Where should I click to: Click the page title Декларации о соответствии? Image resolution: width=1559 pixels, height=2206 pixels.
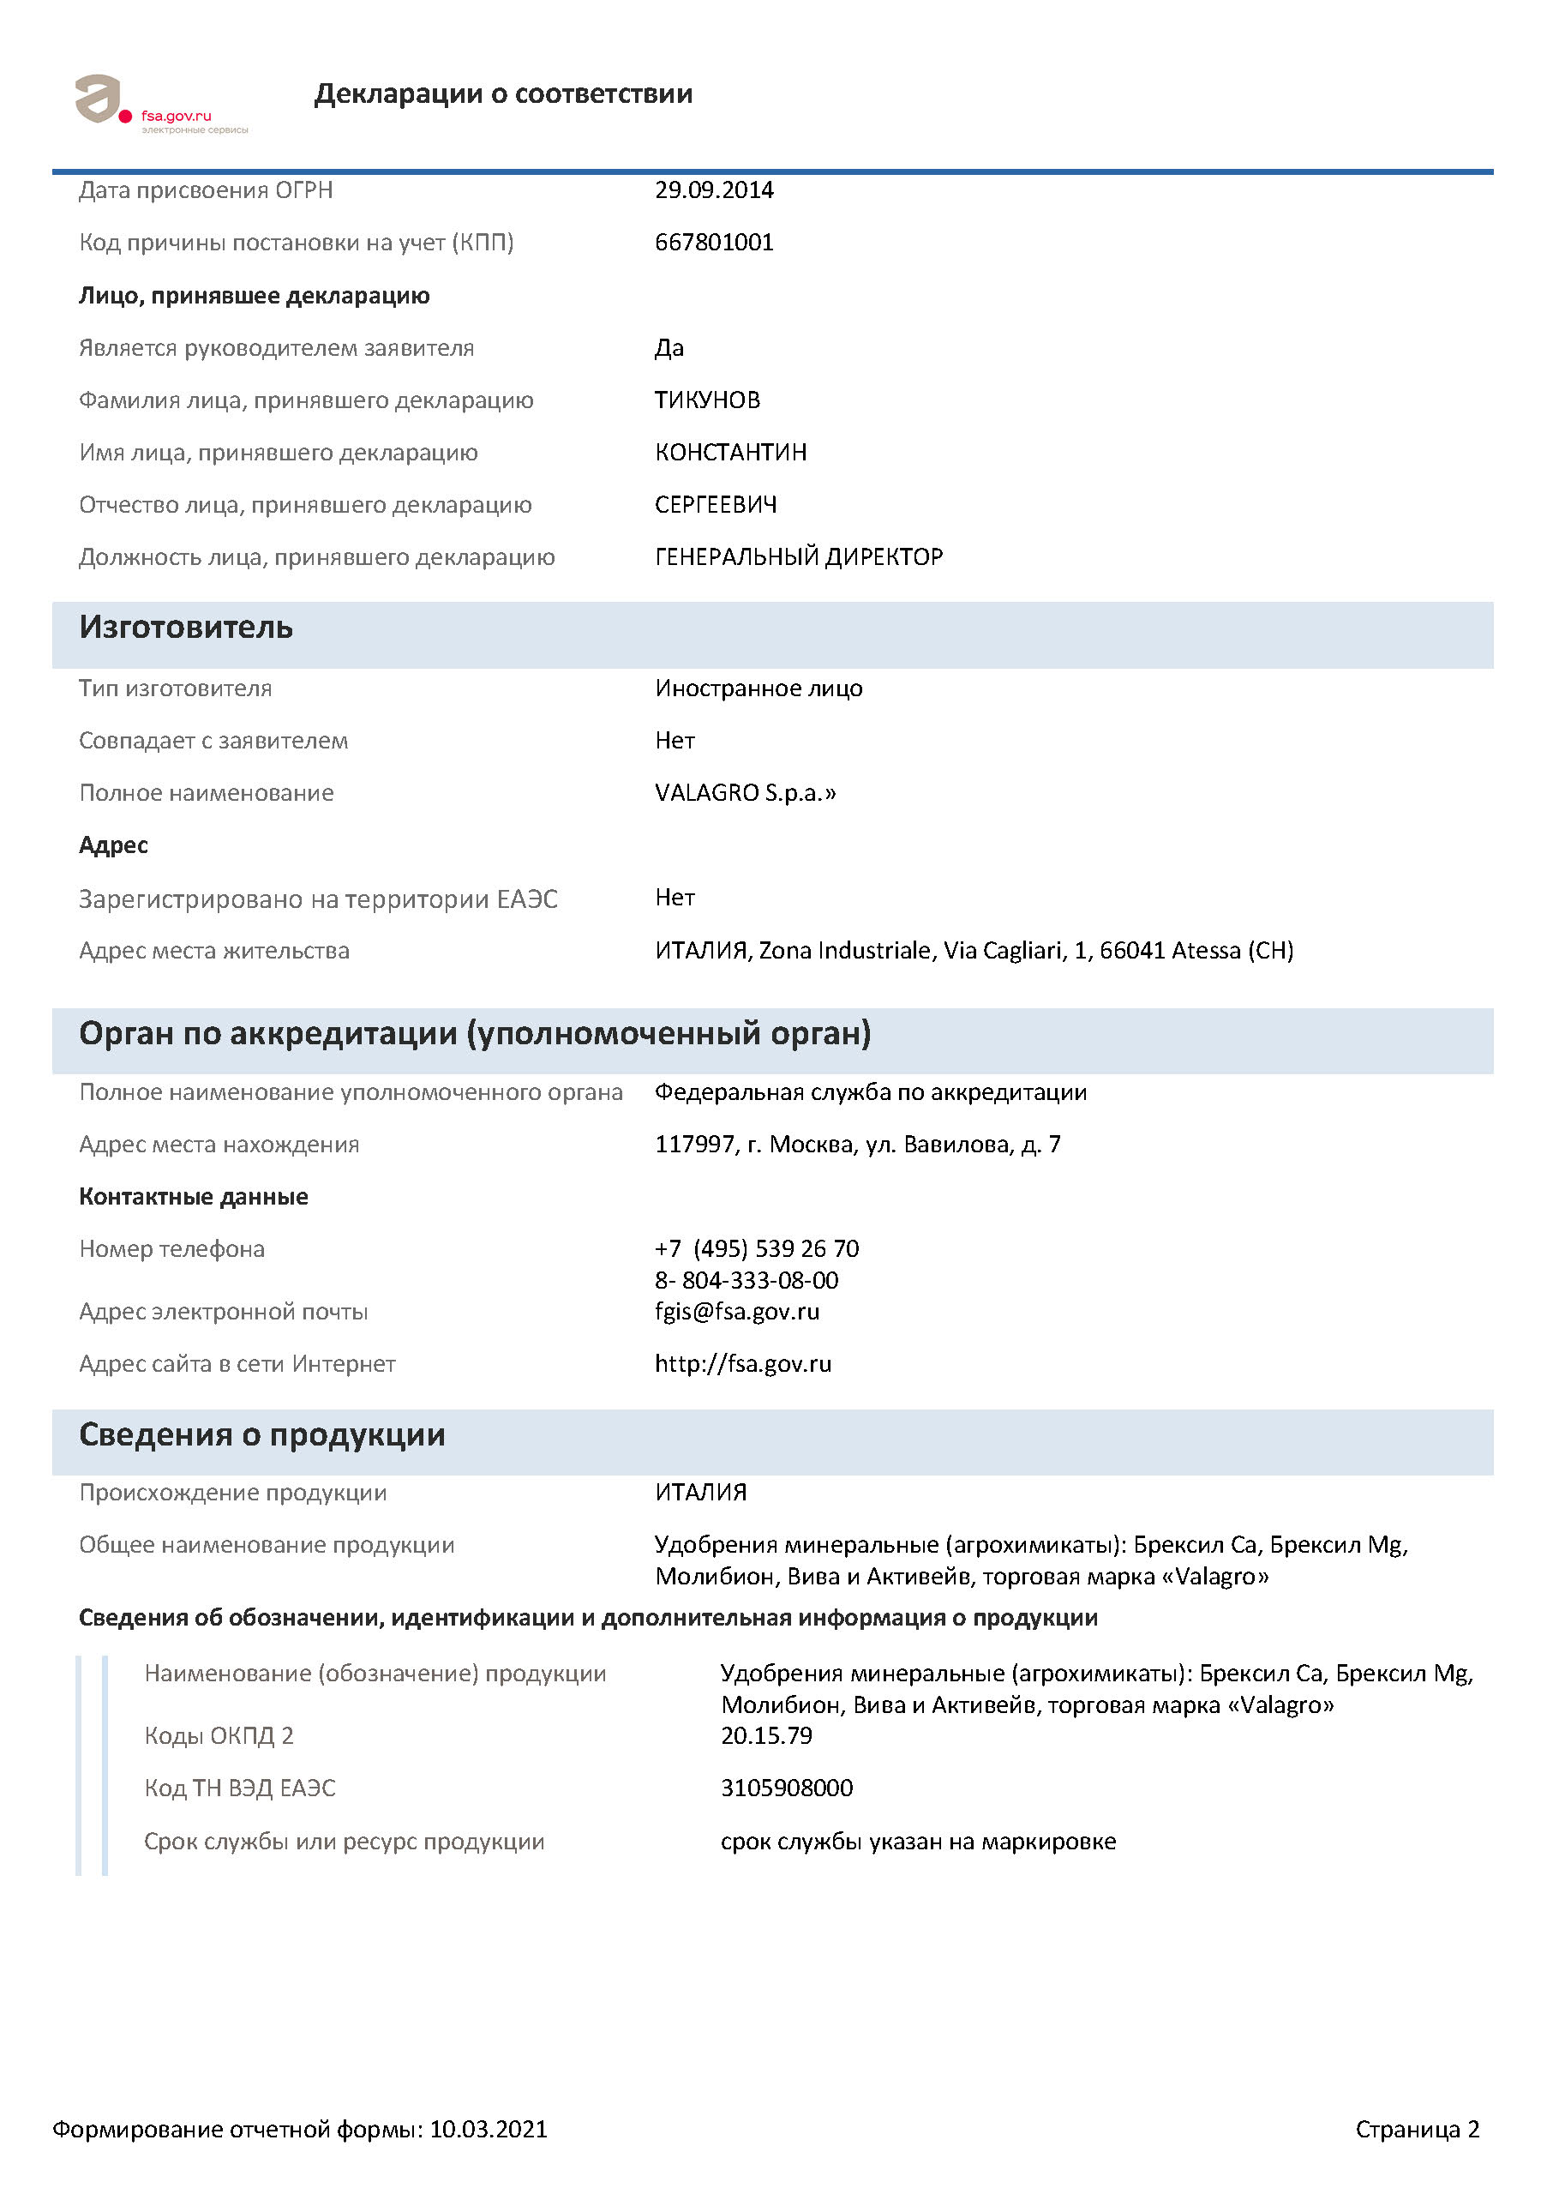pyautogui.click(x=502, y=94)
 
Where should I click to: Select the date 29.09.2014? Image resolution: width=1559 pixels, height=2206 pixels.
pyautogui.click(x=714, y=190)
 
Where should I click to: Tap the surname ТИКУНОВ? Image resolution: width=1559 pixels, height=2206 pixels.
pyautogui.click(x=707, y=400)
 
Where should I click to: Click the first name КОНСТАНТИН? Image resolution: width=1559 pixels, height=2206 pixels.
pyautogui.click(x=730, y=453)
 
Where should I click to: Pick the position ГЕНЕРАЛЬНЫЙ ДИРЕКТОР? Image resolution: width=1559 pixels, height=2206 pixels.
pyautogui.click(x=798, y=557)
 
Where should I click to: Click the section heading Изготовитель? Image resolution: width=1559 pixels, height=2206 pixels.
pyautogui.click(x=185, y=628)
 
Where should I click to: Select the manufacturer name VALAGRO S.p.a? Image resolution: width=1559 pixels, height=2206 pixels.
pyautogui.click(x=745, y=793)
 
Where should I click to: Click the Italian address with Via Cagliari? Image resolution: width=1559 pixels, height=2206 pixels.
pyautogui.click(x=973, y=950)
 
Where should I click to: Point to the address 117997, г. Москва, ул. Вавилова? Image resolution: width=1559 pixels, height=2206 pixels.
pyautogui.click(x=857, y=1145)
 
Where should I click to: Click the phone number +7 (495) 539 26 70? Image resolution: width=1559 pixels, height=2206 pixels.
pyautogui.click(x=756, y=1249)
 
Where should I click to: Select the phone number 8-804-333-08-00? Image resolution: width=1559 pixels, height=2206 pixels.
pyautogui.click(x=747, y=1281)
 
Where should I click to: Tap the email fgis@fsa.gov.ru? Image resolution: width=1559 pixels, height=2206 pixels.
pyautogui.click(x=737, y=1312)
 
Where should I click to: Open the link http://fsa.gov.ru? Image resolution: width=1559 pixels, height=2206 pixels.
pyautogui.click(x=742, y=1364)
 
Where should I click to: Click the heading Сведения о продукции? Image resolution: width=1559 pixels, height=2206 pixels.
pyautogui.click(x=261, y=1434)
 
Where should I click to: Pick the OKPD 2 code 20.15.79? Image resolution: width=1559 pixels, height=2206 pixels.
pyautogui.click(x=765, y=1736)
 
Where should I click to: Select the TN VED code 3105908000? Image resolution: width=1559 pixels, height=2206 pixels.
pyautogui.click(x=786, y=1788)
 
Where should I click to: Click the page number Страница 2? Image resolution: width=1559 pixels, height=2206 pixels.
pyautogui.click(x=1416, y=2129)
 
